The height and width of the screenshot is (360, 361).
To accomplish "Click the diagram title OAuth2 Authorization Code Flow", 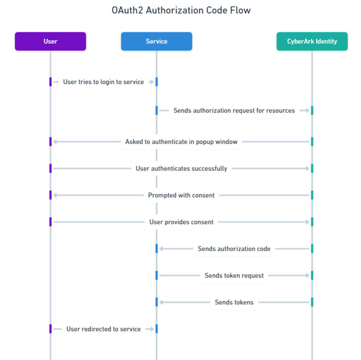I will pos(181,11).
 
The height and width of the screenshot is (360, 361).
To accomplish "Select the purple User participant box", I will pos(50,41).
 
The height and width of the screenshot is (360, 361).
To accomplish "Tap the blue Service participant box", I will pos(157,41).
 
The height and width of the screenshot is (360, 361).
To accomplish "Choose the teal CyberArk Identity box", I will pos(312,41).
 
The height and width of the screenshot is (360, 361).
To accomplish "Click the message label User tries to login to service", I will pos(104,82).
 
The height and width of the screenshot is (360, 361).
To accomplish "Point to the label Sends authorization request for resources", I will pos(234,110).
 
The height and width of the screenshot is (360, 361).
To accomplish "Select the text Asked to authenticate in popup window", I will pos(181,142).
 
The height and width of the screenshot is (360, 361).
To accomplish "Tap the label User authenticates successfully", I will pos(181,169).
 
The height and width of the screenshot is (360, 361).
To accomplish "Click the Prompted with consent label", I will pos(181,195).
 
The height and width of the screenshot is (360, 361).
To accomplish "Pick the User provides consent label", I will pos(181,222).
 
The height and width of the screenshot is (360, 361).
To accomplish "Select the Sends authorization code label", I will pos(234,249).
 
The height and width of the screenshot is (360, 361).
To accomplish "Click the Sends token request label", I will pos(234,276).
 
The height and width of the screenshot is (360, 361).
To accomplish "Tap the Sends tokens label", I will pos(234,302).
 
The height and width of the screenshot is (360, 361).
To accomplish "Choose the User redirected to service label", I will pos(104,329).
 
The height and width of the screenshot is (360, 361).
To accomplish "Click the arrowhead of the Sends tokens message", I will pos(161,302).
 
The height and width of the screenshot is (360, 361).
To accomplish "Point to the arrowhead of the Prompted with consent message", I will pos(55,195).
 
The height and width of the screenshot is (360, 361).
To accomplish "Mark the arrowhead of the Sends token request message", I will pos(307,276).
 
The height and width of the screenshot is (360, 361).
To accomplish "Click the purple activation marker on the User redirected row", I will pos(50,329).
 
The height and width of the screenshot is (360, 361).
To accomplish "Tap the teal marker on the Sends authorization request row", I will pos(312,110).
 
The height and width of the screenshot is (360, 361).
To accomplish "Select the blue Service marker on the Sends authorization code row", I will pos(157,249).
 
